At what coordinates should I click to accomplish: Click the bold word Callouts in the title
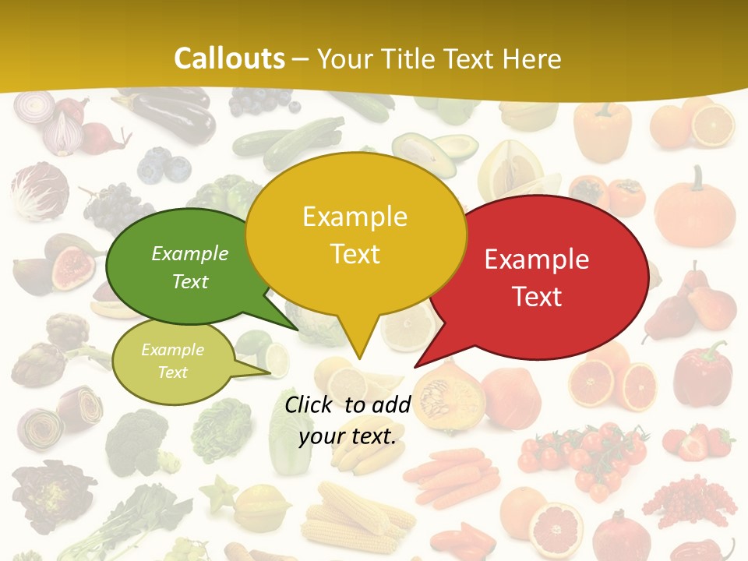point(229,58)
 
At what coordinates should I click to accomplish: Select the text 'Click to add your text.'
point(348,420)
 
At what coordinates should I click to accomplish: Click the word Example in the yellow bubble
point(355,217)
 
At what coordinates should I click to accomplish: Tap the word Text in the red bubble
point(537,296)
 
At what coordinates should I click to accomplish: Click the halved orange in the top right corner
point(713,125)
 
